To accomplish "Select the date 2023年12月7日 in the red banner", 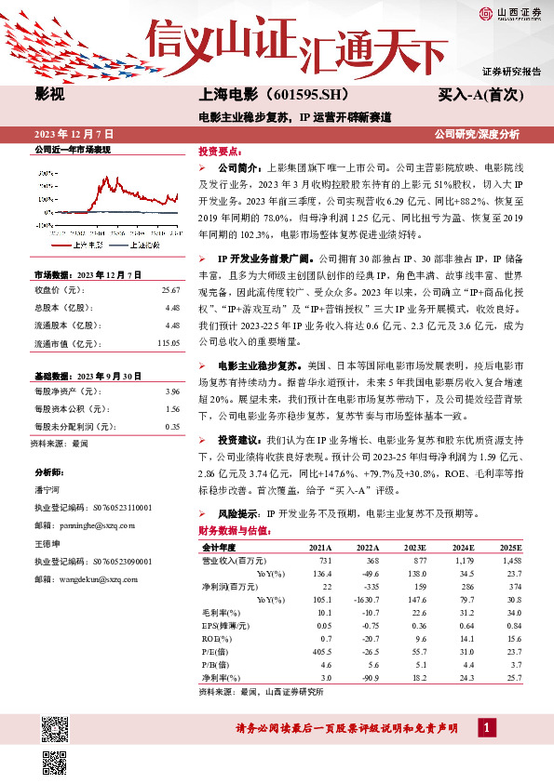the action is click(73, 134).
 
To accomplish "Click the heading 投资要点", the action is click(220, 150).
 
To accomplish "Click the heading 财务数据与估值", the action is click(234, 531).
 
